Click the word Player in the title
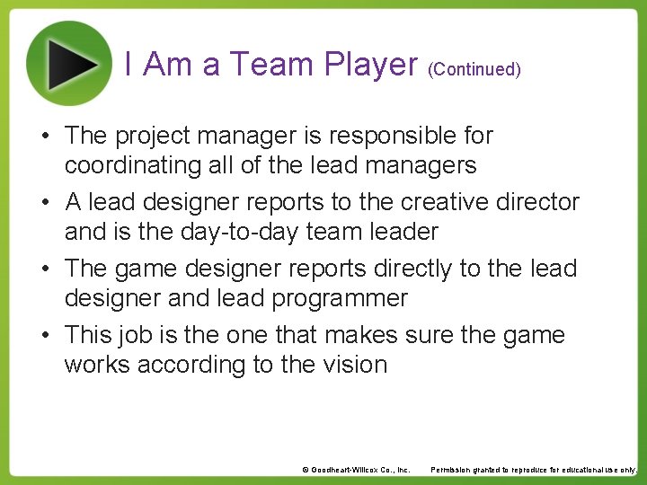[371, 65]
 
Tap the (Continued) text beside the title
[474, 69]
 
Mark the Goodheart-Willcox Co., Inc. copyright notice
[356, 470]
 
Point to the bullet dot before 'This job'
[43, 336]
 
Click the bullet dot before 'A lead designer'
[43, 203]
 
